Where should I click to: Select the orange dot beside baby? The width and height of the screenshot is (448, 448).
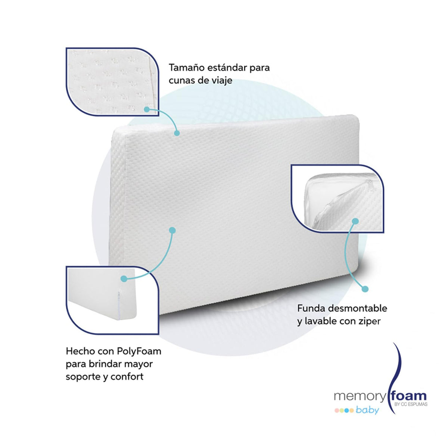tap(352, 411)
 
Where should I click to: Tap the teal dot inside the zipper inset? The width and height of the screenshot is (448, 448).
tap(355, 221)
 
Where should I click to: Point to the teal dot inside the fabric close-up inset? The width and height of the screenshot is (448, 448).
tap(147, 109)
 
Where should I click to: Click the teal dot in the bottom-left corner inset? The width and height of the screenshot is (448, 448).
tap(124, 279)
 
